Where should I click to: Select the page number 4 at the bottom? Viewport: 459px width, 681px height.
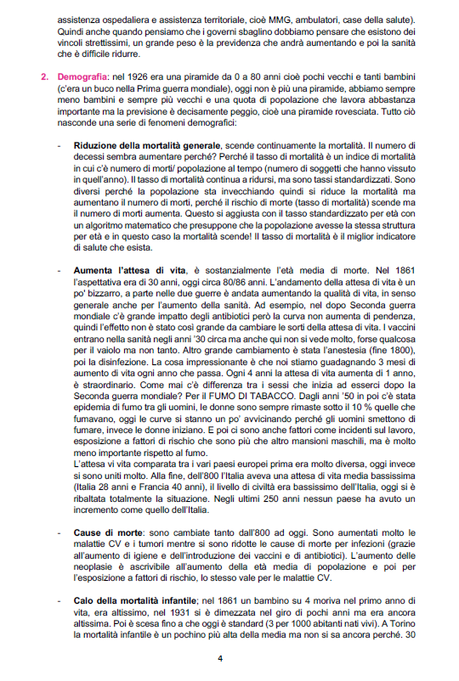coord(219,656)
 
